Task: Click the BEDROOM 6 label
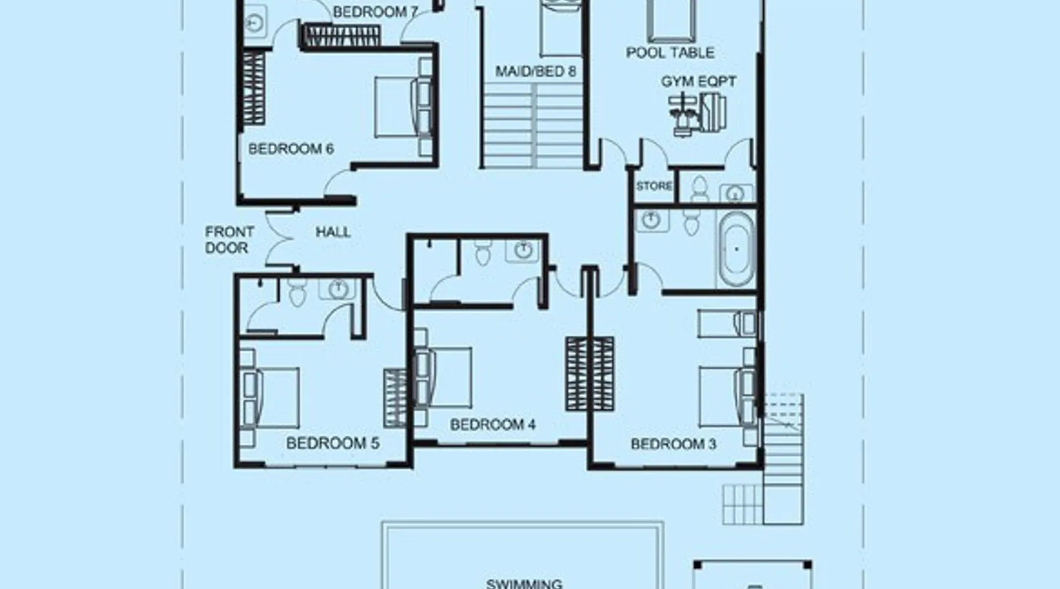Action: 291,149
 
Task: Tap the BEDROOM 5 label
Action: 333,443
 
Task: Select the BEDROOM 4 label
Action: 493,424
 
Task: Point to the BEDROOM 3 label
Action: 673,444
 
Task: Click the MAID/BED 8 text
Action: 535,71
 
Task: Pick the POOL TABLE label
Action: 670,52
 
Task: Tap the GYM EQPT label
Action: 698,81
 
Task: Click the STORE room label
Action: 654,186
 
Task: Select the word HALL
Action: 333,232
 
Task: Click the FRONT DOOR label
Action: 229,240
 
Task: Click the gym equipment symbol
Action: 697,114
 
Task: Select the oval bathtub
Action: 736,249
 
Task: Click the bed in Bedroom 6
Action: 405,107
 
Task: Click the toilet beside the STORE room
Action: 699,188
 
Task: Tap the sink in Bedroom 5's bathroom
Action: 337,289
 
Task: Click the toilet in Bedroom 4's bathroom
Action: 482,253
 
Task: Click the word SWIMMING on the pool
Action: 524,584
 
